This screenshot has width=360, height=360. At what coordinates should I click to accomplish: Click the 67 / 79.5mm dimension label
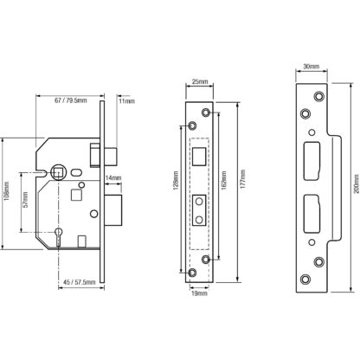click(x=71, y=100)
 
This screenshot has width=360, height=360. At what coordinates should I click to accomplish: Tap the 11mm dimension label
click(x=126, y=101)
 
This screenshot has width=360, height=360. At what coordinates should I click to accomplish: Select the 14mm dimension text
click(x=113, y=178)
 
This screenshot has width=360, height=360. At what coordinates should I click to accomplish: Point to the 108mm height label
click(x=7, y=191)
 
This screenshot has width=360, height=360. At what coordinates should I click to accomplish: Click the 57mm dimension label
click(x=25, y=200)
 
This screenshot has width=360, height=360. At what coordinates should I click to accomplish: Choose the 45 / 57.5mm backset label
click(x=80, y=282)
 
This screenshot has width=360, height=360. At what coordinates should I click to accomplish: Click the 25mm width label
click(x=200, y=81)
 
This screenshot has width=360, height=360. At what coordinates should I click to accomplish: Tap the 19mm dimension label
click(x=200, y=293)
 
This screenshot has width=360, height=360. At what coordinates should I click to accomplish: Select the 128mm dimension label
click(x=176, y=181)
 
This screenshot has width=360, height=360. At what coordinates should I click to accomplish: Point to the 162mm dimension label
click(x=223, y=180)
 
